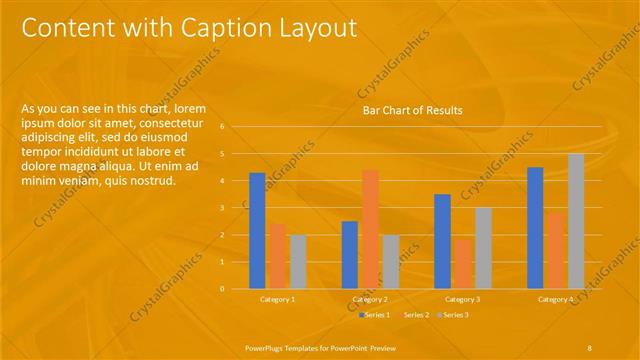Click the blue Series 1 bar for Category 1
(257, 230)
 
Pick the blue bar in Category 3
(442, 240)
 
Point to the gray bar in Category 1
(298, 261)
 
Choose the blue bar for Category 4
(535, 227)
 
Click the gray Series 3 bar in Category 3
(483, 247)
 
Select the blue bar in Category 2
(349, 254)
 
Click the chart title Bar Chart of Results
(413, 110)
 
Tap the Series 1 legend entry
(374, 315)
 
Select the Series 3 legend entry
(452, 315)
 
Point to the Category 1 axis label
(277, 299)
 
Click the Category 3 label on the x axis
(463, 299)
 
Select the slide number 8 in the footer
(590, 346)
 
